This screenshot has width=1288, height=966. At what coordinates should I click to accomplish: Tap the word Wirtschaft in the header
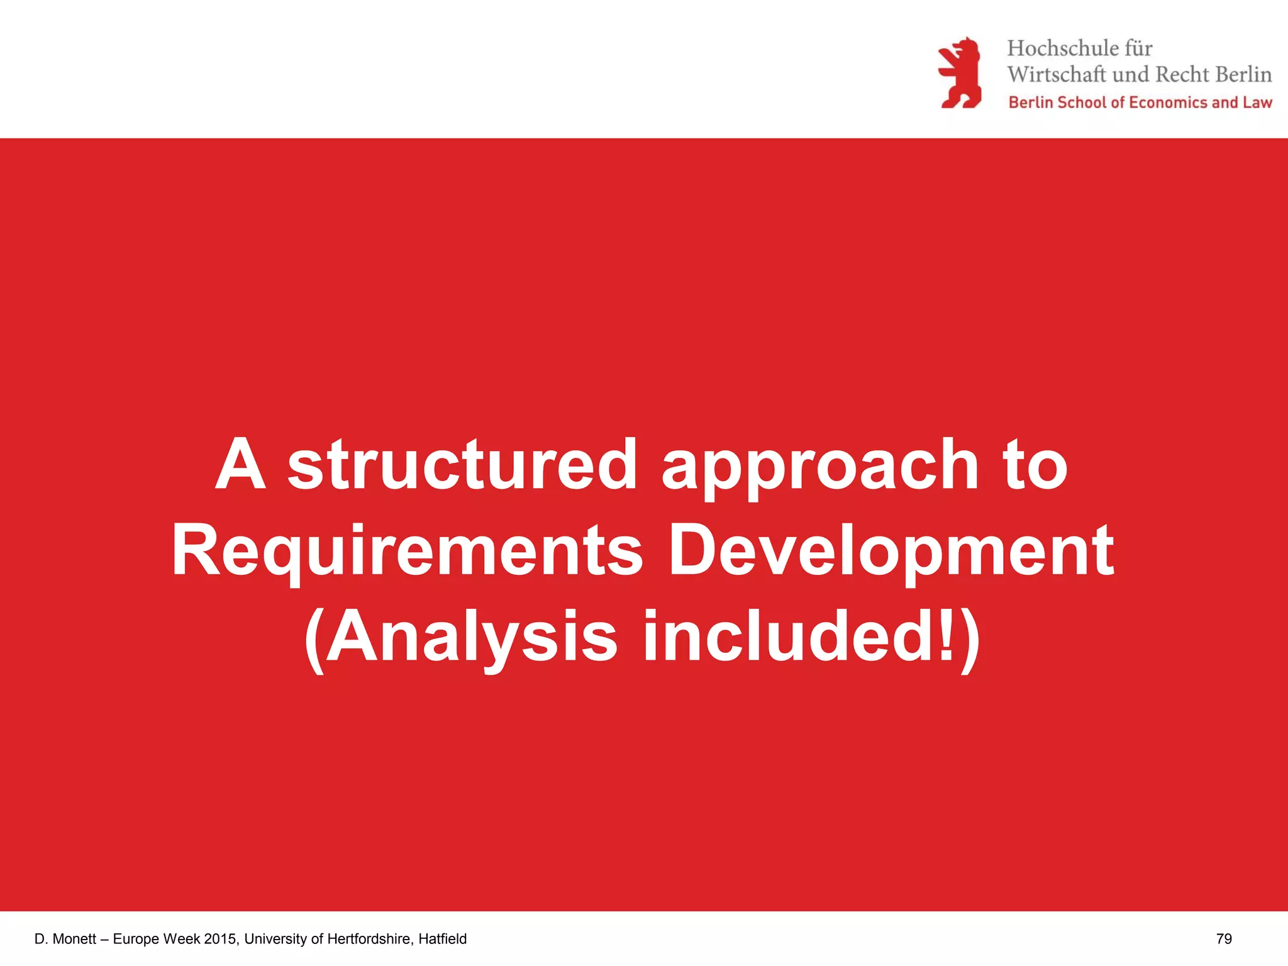[1056, 75]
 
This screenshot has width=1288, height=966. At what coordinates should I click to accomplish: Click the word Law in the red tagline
[1257, 103]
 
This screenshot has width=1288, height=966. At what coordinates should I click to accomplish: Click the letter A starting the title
[240, 465]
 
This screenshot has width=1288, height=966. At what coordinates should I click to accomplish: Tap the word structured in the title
[462, 465]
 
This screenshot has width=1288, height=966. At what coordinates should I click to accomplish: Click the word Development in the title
[891, 552]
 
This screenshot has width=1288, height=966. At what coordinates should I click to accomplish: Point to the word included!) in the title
[811, 636]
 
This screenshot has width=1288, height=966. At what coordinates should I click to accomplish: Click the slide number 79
[1224, 939]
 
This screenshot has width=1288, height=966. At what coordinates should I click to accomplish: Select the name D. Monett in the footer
[65, 939]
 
